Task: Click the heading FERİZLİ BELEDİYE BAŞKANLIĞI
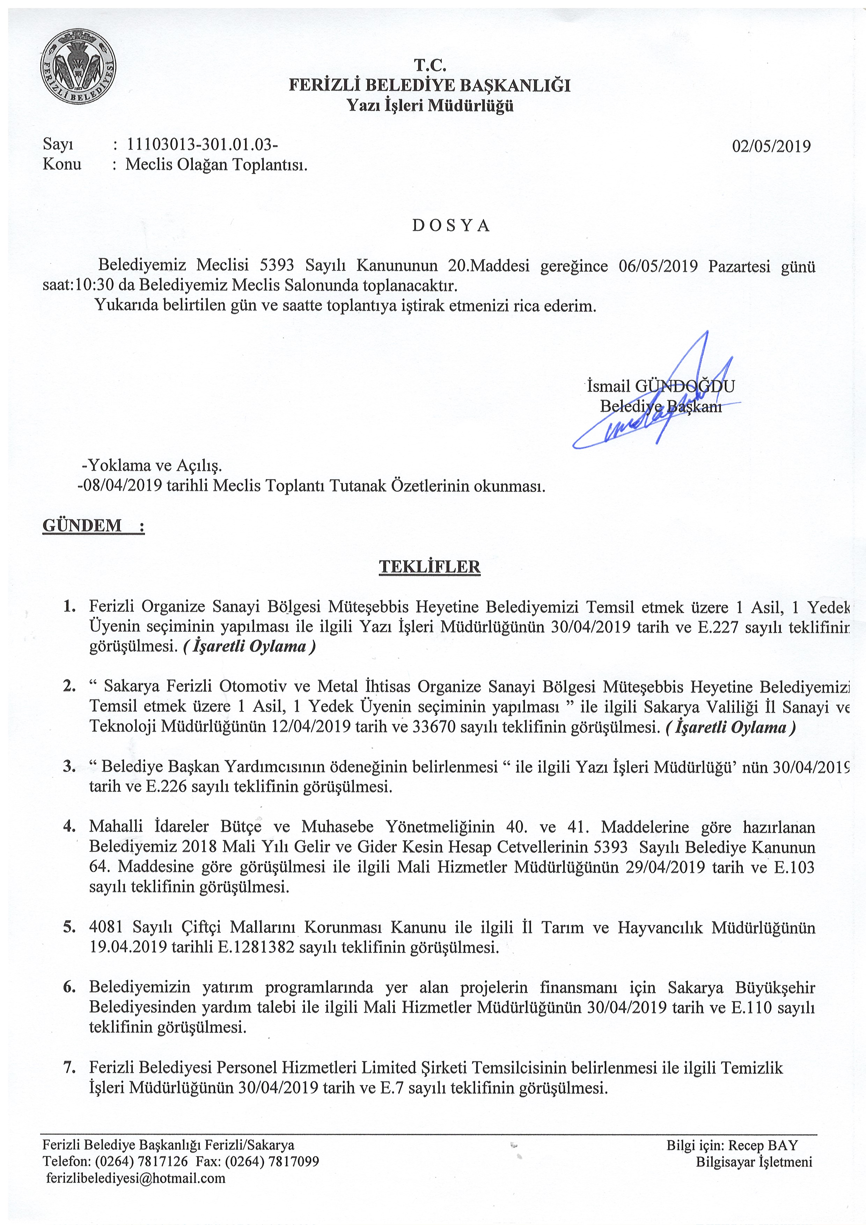click(x=430, y=85)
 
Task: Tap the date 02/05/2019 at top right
click(x=771, y=146)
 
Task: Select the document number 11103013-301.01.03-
click(x=202, y=144)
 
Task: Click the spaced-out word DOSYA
click(x=451, y=226)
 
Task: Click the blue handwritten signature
click(x=656, y=405)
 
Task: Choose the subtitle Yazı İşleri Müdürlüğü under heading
click(x=430, y=105)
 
